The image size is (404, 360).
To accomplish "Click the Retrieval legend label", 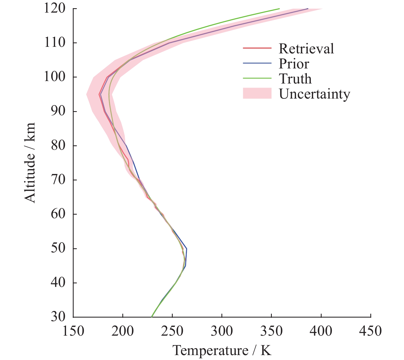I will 306,49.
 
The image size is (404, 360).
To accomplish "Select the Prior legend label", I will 294,64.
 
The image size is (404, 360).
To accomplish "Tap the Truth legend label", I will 295,79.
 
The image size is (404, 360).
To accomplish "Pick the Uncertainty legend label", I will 314,94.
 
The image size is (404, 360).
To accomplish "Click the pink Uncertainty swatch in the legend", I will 257,93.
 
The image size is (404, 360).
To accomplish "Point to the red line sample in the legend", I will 257,48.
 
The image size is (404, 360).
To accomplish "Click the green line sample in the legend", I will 257,78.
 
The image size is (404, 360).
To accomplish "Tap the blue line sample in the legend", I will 257,63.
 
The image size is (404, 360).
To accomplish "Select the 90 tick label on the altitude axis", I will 58,111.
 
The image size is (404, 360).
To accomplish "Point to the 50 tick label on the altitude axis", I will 58,249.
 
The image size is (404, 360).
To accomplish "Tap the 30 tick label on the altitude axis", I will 58,317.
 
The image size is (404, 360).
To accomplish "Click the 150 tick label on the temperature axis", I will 73,331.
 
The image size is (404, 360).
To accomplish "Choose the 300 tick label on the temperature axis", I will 222,331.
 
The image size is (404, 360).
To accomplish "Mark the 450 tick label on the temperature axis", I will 371,331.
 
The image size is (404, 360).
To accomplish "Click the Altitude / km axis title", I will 30,163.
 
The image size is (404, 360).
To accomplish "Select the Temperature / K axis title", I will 222,351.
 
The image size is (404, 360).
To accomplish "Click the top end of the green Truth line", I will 279,9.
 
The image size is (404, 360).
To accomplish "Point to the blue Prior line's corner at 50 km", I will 187,249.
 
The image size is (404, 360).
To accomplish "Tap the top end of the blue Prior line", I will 308,9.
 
